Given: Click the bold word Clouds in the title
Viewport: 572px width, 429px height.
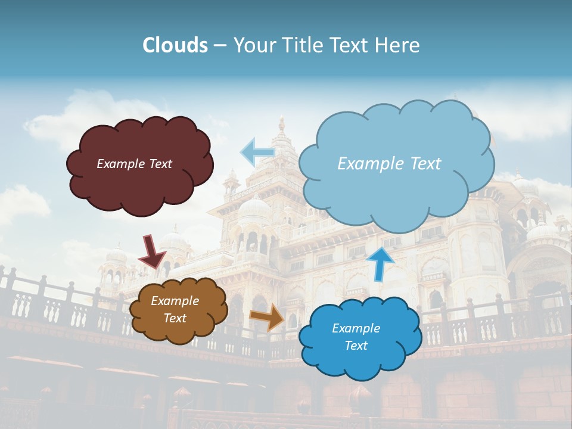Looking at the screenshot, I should coord(175,45).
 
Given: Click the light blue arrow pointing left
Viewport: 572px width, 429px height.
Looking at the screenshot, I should coord(257,152).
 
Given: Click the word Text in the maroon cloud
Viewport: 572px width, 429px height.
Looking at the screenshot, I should coord(160,164).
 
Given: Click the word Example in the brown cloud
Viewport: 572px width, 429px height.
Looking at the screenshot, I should coord(175,301).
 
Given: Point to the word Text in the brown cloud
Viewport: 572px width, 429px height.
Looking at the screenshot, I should coord(175,318).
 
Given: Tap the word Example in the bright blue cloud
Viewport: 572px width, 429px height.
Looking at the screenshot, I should coord(356,328).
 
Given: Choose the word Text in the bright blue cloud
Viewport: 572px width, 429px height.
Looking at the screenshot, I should coord(356,346).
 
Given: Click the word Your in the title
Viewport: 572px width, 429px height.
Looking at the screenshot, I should coord(253,45).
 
